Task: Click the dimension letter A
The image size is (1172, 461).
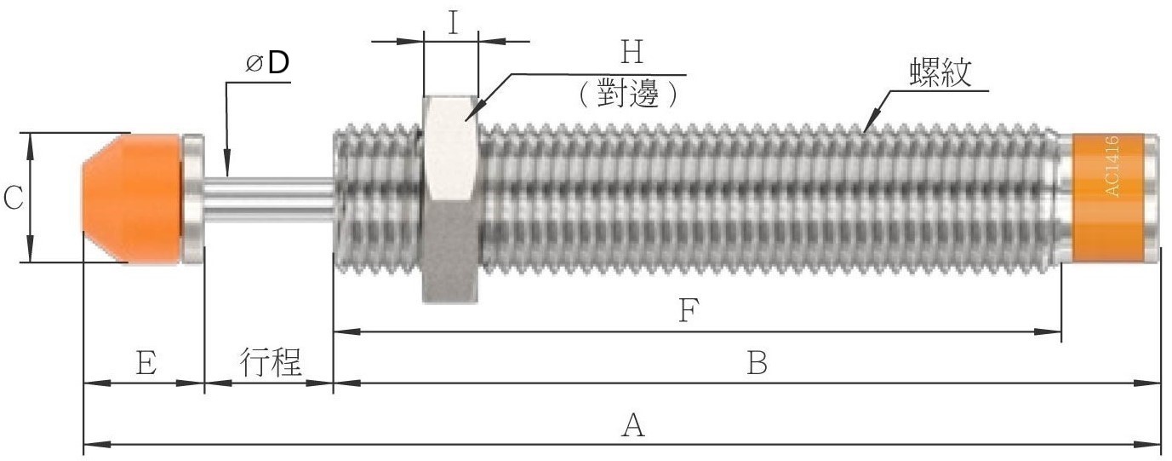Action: (x=633, y=425)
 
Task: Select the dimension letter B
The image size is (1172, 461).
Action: (x=758, y=362)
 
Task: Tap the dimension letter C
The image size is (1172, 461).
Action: (x=13, y=199)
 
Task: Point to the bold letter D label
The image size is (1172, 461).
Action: (x=277, y=63)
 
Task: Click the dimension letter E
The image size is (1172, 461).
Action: (x=146, y=362)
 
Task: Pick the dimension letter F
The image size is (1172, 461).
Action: (x=689, y=310)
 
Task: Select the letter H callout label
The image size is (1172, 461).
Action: (x=632, y=52)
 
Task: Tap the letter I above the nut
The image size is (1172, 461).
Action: (x=453, y=24)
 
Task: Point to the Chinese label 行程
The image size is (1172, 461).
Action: (x=271, y=361)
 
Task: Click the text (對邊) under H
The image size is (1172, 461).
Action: (x=628, y=93)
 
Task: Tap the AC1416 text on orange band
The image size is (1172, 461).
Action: (x=1112, y=166)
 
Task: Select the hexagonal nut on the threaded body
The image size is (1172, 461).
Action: (x=450, y=199)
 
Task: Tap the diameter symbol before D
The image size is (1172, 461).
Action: (x=254, y=65)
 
